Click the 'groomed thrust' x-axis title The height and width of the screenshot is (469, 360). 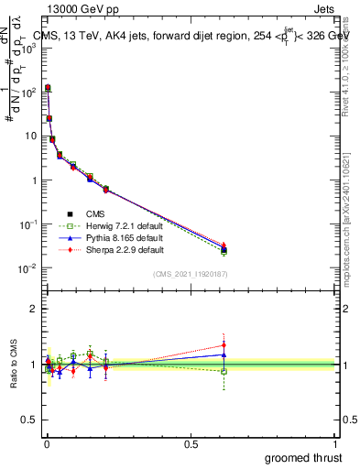(302, 457)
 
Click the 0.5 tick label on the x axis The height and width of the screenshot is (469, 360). (191, 443)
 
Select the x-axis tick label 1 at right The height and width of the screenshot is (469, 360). (335, 443)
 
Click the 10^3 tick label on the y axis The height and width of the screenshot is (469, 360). (27, 49)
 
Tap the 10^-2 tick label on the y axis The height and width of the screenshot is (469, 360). (27, 268)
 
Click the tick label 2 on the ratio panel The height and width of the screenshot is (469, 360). (33, 309)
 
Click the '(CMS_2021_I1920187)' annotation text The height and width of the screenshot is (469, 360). (189, 273)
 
